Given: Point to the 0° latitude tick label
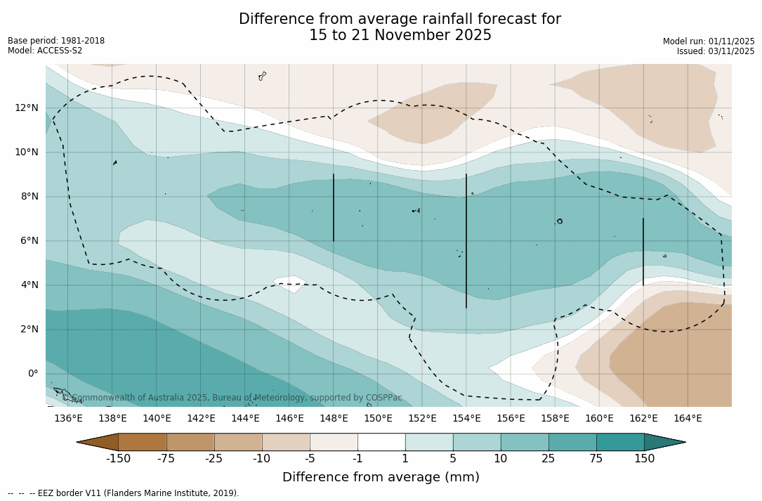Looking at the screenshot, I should tap(33, 374).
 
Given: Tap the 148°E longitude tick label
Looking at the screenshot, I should tap(334, 419).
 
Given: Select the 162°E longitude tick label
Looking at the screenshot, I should tap(643, 419).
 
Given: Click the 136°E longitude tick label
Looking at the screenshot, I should tap(68, 419).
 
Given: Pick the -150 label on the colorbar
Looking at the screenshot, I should tap(119, 459).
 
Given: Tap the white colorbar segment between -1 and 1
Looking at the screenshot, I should tap(381, 442).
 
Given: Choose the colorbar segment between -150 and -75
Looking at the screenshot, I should tap(143, 442).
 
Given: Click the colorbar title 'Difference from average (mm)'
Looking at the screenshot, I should tap(381, 478).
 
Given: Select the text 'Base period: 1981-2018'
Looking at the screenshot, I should tap(56, 41).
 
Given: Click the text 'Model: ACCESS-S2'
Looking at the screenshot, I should tap(45, 51).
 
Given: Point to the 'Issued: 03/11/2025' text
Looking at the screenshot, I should tap(716, 51).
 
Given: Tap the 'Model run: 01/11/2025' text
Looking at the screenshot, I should tap(709, 41).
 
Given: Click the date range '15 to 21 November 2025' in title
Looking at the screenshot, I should tap(400, 35).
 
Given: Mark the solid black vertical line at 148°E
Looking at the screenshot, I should tap(334, 208).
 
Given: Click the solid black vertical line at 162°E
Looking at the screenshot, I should tap(643, 252).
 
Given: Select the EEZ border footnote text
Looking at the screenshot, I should tap(124, 493).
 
